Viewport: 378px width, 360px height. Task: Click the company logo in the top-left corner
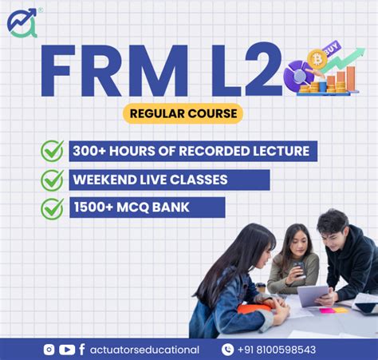point(22,22)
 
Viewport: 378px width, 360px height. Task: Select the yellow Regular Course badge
point(183,113)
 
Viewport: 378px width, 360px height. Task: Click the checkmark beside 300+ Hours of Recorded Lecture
point(52,151)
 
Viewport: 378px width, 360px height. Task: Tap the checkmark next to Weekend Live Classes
point(52,180)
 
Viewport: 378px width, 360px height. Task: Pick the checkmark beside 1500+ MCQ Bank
point(52,208)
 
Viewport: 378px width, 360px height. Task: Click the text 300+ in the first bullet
point(90,151)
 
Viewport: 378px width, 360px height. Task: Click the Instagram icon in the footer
point(49,349)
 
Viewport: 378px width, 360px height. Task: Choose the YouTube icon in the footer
point(67,349)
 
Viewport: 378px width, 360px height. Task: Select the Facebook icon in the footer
point(82,349)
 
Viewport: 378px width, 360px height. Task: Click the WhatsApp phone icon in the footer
point(228,349)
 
